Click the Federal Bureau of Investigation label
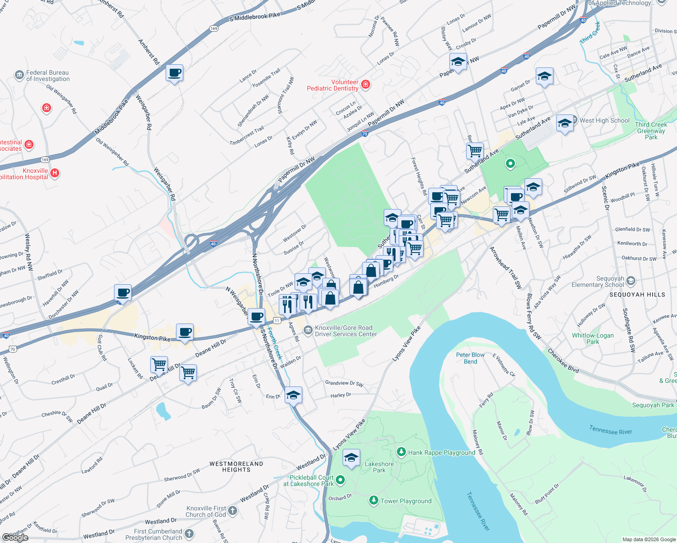(48, 76)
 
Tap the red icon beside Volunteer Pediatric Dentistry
(366, 85)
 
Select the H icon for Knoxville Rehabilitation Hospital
(55, 173)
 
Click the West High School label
(604, 120)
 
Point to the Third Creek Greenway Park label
(651, 131)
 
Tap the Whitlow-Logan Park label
(592, 338)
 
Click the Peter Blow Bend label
(470, 358)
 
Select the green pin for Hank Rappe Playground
(401, 452)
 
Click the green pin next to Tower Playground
(373, 500)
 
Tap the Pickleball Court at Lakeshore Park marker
(340, 480)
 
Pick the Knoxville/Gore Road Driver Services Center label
(346, 331)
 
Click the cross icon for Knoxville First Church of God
(232, 511)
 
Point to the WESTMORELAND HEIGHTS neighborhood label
(236, 467)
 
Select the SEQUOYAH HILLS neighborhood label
(637, 295)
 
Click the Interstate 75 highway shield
(365, 133)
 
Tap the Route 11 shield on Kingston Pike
(277, 320)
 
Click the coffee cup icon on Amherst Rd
(174, 72)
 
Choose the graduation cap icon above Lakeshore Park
(351, 457)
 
